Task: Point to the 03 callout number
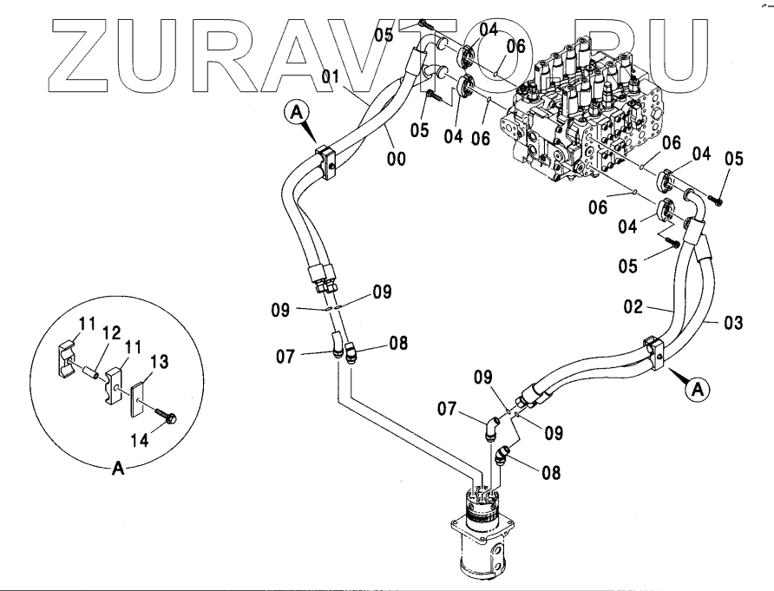[x=733, y=324]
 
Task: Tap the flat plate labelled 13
[x=140, y=395]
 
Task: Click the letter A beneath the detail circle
[x=117, y=469]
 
